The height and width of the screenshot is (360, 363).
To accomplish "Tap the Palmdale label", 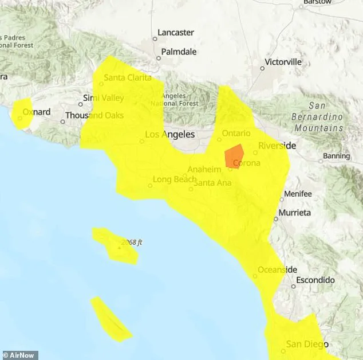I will (179, 52).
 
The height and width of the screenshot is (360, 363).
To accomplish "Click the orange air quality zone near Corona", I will (234, 156).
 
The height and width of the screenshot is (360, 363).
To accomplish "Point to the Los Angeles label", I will (170, 134).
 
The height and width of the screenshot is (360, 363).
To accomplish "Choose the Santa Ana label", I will (212, 183).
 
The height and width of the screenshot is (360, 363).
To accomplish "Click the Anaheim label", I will (204, 170).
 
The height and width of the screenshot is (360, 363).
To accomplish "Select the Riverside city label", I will (277, 146).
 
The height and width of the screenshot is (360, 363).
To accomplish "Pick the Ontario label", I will (236, 133).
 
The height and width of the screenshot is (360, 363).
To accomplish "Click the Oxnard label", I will (37, 112).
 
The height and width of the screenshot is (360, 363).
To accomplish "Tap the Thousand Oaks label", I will (94, 115).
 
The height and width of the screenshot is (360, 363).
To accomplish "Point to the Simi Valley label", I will (104, 98).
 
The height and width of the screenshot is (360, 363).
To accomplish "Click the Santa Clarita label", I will (128, 77).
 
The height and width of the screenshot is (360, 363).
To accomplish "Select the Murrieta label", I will (295, 213).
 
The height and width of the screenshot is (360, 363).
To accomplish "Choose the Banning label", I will (336, 156).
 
